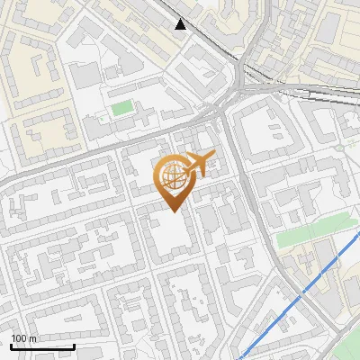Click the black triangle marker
click(181, 24)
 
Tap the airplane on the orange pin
click(199, 164)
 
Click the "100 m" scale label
click(24, 338)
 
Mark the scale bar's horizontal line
click(42, 346)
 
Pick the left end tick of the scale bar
click(11, 345)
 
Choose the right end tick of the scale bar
click(74, 345)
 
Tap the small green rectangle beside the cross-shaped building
click(121, 109)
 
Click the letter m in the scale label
click(34, 338)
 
